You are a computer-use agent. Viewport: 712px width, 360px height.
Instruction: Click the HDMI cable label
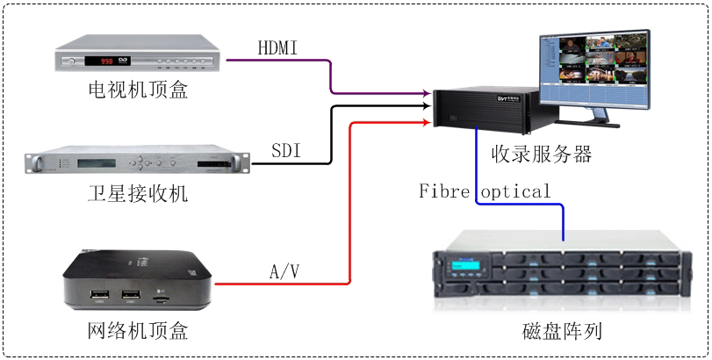(x=278, y=47)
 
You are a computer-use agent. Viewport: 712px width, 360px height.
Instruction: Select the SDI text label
(x=285, y=151)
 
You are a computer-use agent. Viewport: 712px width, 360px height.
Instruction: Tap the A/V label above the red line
(x=284, y=271)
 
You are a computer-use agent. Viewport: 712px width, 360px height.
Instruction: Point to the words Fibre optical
(x=485, y=191)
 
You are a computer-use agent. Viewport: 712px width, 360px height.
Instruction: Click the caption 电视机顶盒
(x=137, y=90)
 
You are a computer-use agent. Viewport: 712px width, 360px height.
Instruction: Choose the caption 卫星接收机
(x=137, y=193)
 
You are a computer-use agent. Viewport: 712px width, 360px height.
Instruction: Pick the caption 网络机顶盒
(x=138, y=331)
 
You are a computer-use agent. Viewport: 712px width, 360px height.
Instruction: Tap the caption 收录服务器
(x=542, y=155)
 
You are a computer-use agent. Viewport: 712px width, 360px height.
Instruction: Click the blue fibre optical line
(x=518, y=205)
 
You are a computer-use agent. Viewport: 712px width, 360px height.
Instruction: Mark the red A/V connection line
(x=350, y=202)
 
